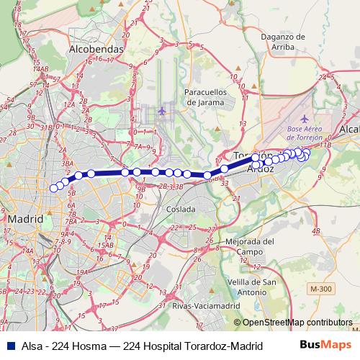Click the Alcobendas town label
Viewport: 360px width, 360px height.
[x=96, y=50]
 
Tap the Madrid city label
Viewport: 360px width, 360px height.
[x=24, y=218]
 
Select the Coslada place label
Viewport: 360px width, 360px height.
[x=179, y=210]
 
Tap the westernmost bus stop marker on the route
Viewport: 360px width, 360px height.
[x=53, y=189]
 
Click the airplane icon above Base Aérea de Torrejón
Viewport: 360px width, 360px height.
[x=305, y=118]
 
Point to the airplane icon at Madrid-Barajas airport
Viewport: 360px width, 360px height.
[x=162, y=112]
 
